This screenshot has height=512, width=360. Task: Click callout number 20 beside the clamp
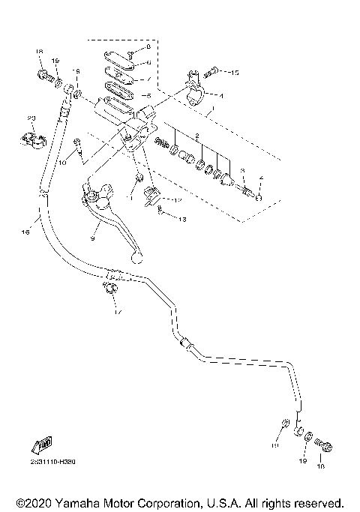(x=31, y=118)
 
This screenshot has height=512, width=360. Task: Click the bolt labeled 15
(x=213, y=71)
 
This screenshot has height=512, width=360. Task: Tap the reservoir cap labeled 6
(x=119, y=60)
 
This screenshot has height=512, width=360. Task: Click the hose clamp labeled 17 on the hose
(x=109, y=289)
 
